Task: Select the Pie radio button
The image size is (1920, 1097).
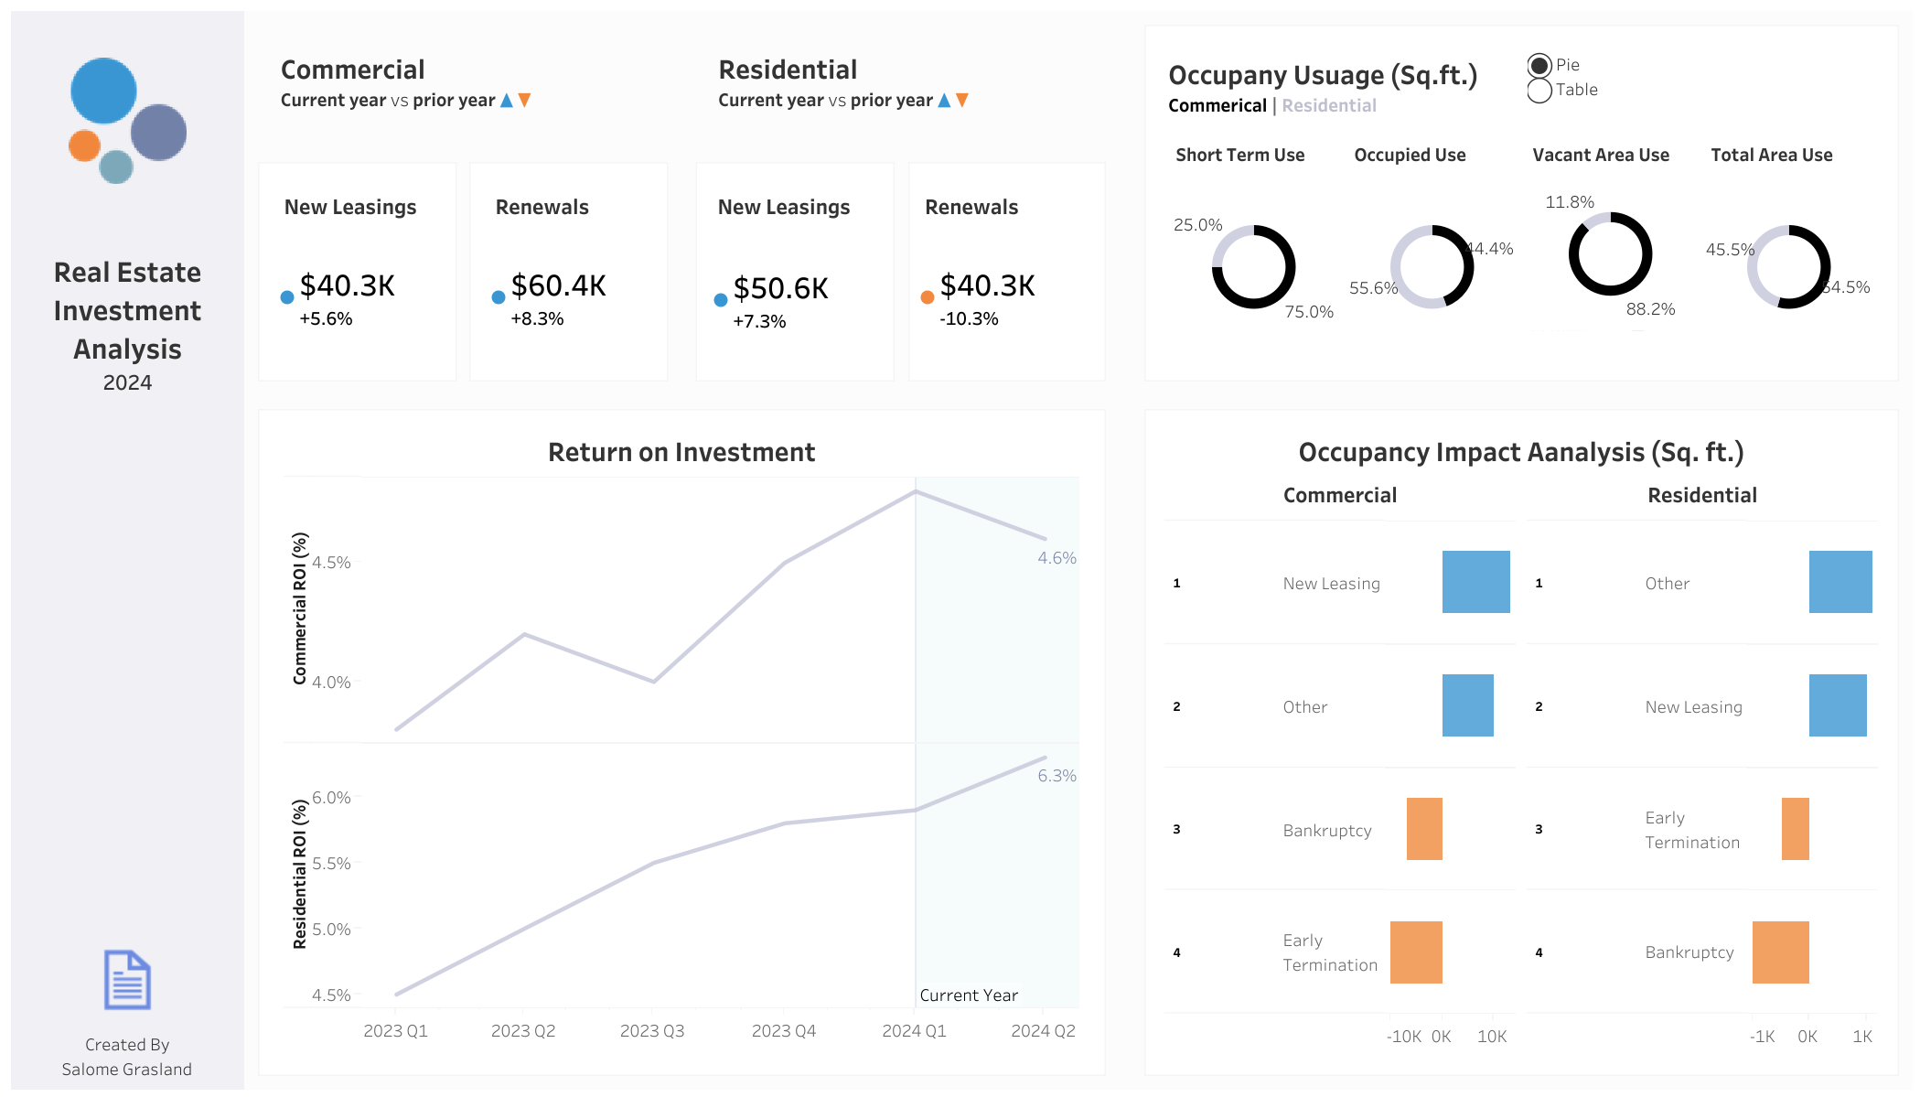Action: (1539, 65)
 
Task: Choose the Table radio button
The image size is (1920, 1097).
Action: (1539, 91)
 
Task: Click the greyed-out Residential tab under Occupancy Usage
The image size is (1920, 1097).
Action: (1329, 106)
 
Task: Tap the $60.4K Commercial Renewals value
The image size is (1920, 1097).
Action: (558, 286)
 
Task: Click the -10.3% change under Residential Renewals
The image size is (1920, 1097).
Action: (969, 319)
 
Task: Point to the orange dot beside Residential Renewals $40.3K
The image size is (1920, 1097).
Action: (928, 297)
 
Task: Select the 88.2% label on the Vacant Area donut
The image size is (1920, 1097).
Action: (1650, 309)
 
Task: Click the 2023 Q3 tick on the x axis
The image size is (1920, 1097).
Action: (652, 1031)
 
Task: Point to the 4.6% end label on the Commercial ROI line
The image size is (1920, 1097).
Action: (1057, 558)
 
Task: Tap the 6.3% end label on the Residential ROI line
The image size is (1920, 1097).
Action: (1057, 776)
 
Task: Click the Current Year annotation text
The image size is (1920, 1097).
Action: (969, 995)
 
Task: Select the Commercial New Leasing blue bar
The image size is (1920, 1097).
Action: (1475, 582)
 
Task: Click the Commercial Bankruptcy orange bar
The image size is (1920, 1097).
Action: (1424, 829)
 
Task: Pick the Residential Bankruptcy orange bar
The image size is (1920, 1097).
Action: (1780, 952)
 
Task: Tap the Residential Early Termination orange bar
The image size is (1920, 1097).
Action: (1796, 829)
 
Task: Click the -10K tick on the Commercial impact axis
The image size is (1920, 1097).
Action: (1403, 1037)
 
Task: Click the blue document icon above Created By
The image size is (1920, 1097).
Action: (127, 980)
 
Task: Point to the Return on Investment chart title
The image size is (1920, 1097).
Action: (681, 453)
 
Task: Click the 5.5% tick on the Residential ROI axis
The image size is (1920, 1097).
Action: (331, 864)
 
